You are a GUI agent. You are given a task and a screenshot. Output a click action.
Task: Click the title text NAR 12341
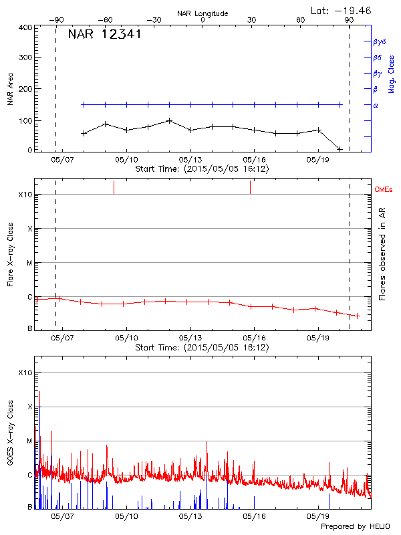(104, 35)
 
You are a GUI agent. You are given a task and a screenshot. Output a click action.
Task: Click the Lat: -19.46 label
(342, 10)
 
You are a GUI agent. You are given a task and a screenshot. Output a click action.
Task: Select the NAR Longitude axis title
(203, 13)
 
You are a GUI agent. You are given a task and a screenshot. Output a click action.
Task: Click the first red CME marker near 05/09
(114, 187)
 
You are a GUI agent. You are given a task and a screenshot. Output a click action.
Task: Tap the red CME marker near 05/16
(250, 187)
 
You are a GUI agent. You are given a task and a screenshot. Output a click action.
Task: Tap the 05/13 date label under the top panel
(190, 160)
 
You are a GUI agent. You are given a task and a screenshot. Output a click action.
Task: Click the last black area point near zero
(340, 148)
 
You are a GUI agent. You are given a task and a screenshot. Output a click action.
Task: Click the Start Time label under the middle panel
(202, 348)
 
